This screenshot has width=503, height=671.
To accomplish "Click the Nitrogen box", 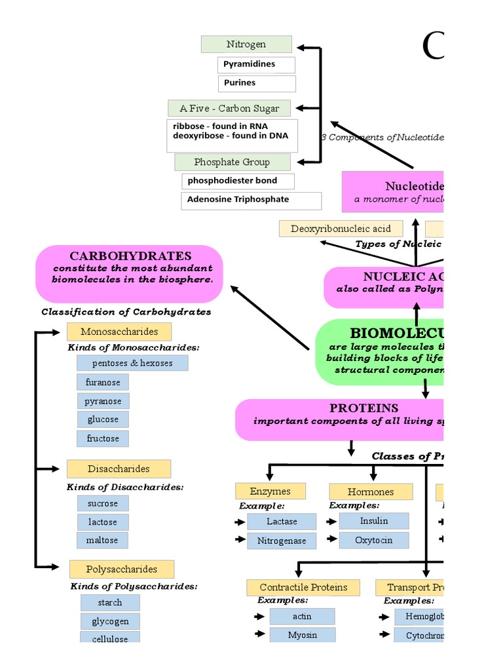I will [x=246, y=45].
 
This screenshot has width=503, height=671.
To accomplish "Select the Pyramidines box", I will [x=256, y=64].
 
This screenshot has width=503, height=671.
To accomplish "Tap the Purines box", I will [x=256, y=83].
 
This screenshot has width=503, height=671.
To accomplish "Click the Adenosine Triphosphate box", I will [x=251, y=200].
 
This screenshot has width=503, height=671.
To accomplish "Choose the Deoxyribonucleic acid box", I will [x=341, y=229].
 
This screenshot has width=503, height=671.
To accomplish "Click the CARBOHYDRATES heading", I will [x=130, y=256].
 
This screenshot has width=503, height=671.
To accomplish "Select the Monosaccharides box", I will [x=119, y=332].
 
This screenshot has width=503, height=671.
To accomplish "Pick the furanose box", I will [x=103, y=382].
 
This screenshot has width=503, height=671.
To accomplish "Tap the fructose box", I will [x=103, y=438].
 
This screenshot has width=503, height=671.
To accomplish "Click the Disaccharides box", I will [x=119, y=469].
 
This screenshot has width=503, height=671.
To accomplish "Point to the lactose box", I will [x=102, y=522].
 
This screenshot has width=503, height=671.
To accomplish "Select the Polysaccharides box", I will [x=122, y=569].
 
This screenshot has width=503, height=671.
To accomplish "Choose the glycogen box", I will [x=110, y=621].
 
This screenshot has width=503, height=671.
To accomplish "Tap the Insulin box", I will [x=374, y=521].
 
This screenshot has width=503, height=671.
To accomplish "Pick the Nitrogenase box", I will [x=282, y=541].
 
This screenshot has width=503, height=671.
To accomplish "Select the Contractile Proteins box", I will [x=303, y=588].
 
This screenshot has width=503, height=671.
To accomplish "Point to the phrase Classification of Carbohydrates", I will [x=126, y=312].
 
